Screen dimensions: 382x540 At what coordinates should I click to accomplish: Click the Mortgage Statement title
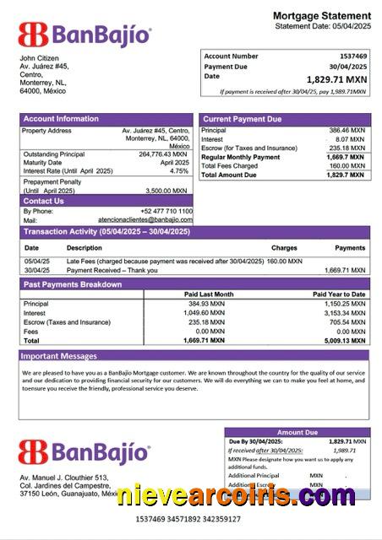[x=321, y=16]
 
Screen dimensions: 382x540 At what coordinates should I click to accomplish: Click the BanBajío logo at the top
[x=85, y=35]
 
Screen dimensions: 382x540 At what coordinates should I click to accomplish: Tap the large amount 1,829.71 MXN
[x=336, y=78]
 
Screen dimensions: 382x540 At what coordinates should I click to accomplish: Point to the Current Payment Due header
[x=243, y=119]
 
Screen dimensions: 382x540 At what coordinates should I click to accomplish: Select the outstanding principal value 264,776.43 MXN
[x=163, y=154]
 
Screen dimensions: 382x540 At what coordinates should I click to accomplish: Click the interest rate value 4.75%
[x=179, y=171]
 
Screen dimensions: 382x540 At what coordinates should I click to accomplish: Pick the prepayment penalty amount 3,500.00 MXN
[x=167, y=191]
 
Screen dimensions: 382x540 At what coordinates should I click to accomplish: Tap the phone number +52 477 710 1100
[x=166, y=211]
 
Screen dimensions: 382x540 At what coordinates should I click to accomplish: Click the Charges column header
[x=284, y=248]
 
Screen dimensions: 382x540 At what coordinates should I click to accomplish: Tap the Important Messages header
[x=60, y=356]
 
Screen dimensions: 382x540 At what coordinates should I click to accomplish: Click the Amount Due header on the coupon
[x=297, y=432]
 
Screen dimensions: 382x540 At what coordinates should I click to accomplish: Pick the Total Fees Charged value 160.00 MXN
[x=347, y=166]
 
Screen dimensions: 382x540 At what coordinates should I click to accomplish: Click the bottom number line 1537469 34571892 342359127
[x=188, y=519]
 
